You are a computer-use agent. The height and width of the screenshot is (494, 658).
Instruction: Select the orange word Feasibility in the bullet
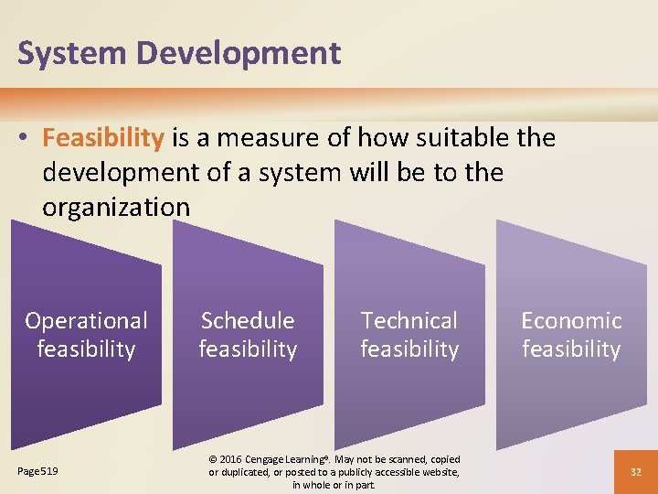click(x=103, y=138)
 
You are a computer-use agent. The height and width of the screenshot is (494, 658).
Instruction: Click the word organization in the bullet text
click(x=116, y=207)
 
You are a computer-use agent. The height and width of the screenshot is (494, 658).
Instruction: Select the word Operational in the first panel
click(x=86, y=321)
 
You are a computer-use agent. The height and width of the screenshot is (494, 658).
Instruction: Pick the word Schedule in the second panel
click(x=248, y=321)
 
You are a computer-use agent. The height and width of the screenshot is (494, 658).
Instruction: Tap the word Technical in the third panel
click(x=409, y=321)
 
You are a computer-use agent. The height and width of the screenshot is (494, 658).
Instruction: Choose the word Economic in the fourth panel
click(x=571, y=321)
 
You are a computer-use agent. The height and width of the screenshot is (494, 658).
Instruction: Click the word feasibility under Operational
click(x=86, y=349)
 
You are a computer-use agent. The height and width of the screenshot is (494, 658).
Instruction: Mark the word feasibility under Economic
click(x=571, y=349)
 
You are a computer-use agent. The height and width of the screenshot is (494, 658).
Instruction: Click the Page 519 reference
click(x=37, y=471)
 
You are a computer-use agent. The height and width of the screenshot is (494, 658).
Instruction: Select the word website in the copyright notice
click(x=438, y=472)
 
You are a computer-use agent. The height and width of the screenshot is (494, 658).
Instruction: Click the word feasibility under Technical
click(x=409, y=349)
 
